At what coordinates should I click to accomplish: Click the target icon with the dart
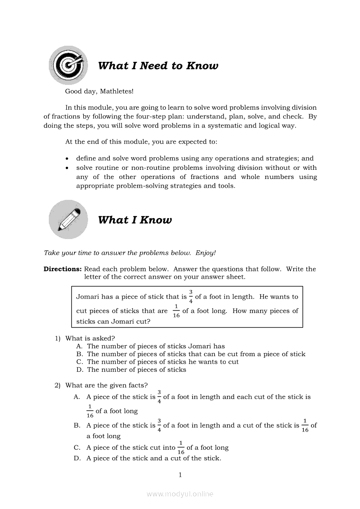[x=68, y=65]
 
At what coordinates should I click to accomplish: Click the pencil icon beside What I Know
[x=68, y=219]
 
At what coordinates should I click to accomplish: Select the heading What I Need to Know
[x=158, y=66]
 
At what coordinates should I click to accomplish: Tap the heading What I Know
[x=135, y=220]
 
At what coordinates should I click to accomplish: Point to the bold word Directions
[x=62, y=269]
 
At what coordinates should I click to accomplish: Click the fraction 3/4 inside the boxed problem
[x=190, y=296]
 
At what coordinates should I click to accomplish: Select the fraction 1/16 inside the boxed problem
[x=176, y=311]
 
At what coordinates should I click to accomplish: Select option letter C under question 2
[x=77, y=448]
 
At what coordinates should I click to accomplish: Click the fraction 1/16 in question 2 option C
[x=181, y=448]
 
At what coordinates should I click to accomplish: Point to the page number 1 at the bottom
[x=180, y=475]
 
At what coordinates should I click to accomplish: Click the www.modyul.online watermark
[x=180, y=494]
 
